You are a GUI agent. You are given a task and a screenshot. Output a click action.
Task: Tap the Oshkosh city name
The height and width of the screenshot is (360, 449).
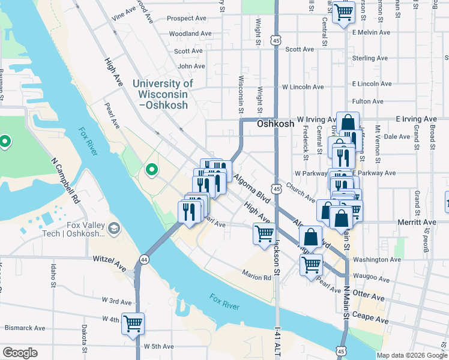click(276, 124)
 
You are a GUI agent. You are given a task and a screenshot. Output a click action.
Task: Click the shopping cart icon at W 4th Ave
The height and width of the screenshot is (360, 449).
click(133, 323)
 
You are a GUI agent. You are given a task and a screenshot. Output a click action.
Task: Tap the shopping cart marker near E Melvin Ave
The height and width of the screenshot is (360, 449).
click(343, 11)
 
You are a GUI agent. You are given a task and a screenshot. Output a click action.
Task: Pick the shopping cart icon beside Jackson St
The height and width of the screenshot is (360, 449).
click(264, 233)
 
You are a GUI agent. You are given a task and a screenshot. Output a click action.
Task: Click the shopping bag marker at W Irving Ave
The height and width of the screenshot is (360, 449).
click(348, 123)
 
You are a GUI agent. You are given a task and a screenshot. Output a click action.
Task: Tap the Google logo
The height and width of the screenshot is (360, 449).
click(20, 353)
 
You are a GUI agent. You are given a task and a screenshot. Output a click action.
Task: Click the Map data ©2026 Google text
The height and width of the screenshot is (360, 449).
click(412, 355)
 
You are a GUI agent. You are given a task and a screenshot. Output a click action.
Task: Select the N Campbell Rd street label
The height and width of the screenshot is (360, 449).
click(67, 180)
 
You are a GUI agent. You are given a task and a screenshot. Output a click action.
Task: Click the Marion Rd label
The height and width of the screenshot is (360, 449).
click(257, 277)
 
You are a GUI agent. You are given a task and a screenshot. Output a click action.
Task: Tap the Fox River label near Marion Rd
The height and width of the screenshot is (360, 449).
click(224, 301)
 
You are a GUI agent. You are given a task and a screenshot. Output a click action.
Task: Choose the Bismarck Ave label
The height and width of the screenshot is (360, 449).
click(25, 328)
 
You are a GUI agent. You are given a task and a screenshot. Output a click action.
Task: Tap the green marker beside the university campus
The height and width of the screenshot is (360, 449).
click(151, 170)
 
